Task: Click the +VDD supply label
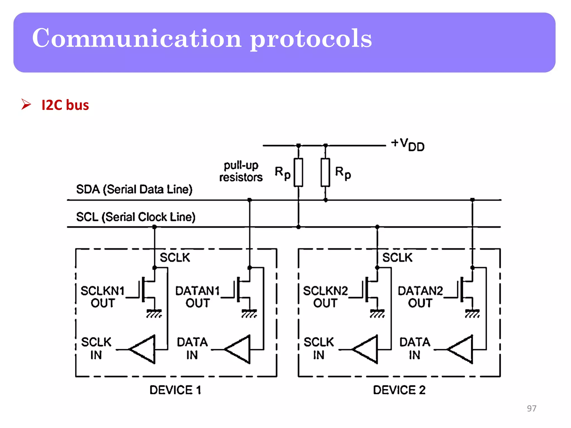[x=408, y=144]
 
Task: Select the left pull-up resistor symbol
[x=298, y=172]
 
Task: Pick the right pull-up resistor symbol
[x=325, y=172]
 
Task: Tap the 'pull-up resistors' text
[x=241, y=171]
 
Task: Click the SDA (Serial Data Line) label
[x=134, y=189]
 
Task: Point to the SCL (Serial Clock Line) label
[x=136, y=217]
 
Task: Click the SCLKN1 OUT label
[x=102, y=297]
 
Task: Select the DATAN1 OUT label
[x=197, y=297]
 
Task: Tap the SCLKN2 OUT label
[x=325, y=297]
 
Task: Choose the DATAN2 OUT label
[x=420, y=297]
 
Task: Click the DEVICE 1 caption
[x=175, y=390]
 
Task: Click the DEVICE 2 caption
[x=399, y=390]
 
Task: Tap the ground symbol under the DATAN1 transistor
[x=249, y=313]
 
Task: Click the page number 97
[x=531, y=408]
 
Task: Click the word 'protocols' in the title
[x=311, y=39]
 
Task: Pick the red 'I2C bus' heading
[x=65, y=105]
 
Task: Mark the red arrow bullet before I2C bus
[x=26, y=104]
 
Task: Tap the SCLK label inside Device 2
[x=397, y=257]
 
